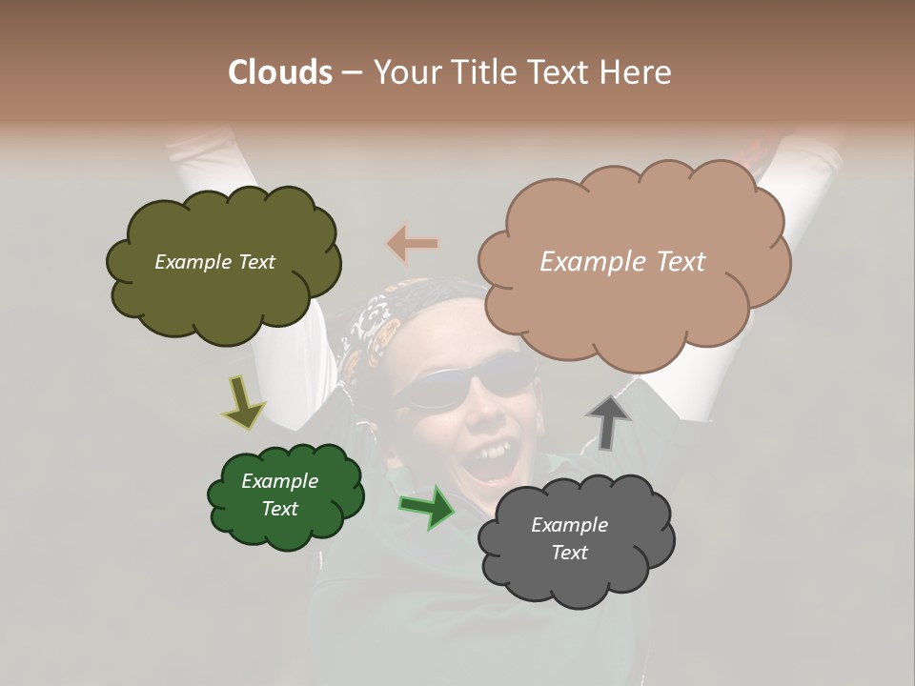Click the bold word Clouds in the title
[280, 72]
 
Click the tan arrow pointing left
[413, 244]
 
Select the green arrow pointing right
[426, 506]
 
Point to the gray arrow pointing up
[608, 421]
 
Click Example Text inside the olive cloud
[214, 262]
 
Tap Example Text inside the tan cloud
[622, 262]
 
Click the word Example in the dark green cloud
[279, 481]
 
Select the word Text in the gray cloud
[569, 553]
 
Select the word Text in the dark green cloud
[279, 509]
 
